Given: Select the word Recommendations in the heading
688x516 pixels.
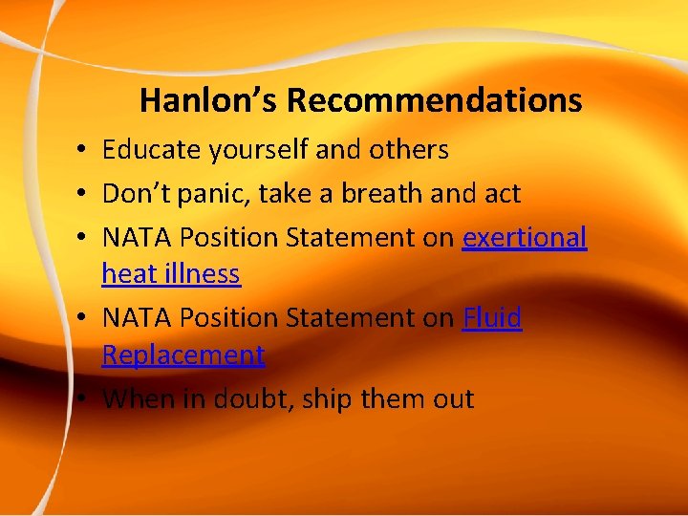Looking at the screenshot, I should (x=434, y=100).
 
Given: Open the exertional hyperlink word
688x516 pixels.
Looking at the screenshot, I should (x=525, y=238).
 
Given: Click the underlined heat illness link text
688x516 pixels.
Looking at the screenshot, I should (x=171, y=274).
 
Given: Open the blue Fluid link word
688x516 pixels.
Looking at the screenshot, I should (x=492, y=318).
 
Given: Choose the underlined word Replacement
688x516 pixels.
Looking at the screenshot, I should (x=183, y=355).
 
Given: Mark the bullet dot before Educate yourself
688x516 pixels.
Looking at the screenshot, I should (x=85, y=151).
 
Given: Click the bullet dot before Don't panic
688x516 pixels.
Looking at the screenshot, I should (x=85, y=195).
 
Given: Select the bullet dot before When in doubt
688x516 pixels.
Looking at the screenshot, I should (x=85, y=399).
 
